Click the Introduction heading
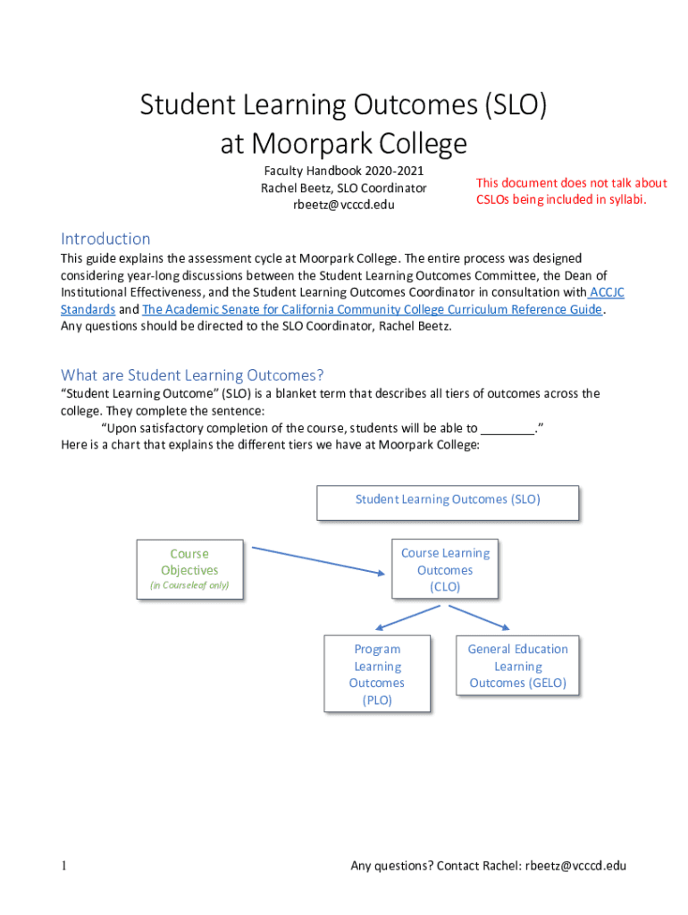point(105,239)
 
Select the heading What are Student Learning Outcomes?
point(192,374)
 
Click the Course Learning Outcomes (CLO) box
point(444,570)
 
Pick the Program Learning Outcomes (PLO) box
point(377,675)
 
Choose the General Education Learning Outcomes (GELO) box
point(517,666)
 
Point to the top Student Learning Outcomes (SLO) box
point(448,500)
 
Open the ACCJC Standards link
point(88,309)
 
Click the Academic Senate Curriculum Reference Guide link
point(372,309)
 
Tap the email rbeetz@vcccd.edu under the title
point(344,205)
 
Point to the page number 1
point(65,866)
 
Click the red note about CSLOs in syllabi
point(572,191)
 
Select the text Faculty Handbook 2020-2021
point(344,171)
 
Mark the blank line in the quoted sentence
point(507,428)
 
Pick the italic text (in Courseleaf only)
point(189,586)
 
